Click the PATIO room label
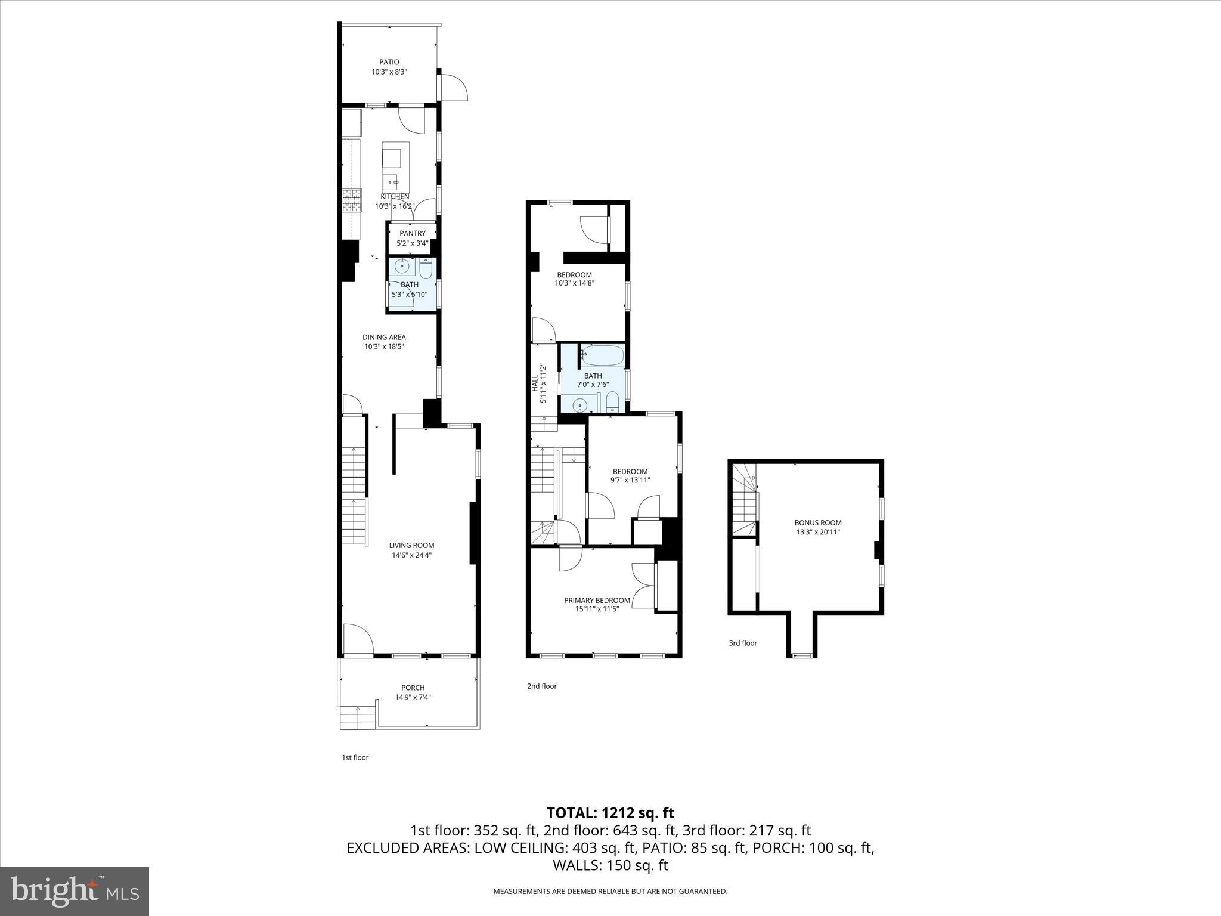click(x=389, y=62)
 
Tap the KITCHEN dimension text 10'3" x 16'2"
click(x=394, y=206)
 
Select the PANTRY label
click(x=413, y=233)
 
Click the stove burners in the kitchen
click(x=352, y=200)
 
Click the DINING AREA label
click(x=384, y=337)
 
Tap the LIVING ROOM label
click(x=411, y=545)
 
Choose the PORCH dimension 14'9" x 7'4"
click(x=413, y=697)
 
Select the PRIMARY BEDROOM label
click(x=597, y=600)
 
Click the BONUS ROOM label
click(x=817, y=522)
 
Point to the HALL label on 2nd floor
click(x=535, y=383)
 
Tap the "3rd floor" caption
click(x=742, y=643)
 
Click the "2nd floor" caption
click(x=541, y=686)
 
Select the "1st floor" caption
click(x=355, y=757)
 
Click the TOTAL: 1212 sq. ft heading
click(x=610, y=813)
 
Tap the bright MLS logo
click(x=75, y=891)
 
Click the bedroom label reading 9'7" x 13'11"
click(x=630, y=479)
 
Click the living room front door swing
click(x=358, y=639)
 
